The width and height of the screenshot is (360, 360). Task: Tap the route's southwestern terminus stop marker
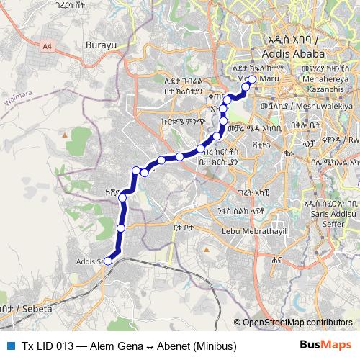[108, 261]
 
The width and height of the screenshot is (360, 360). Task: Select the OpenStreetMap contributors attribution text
[297, 323]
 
